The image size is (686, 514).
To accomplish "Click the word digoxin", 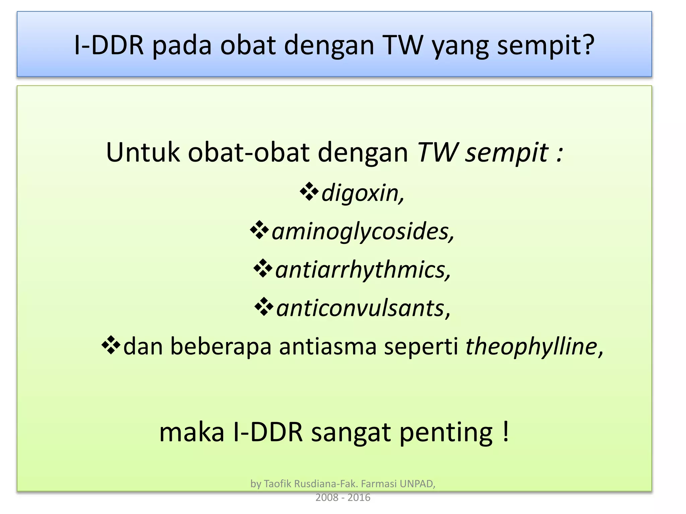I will (362, 193).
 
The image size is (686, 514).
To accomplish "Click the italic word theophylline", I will (531, 346).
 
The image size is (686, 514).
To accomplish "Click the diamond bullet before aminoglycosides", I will (259, 230).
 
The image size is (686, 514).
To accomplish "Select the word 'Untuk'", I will (143, 153).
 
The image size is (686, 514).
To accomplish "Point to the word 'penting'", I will (446, 433).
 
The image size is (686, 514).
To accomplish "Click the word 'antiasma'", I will (328, 346).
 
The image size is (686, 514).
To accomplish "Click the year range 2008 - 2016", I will (343, 498).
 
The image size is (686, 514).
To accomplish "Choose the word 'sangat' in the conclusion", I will (351, 433).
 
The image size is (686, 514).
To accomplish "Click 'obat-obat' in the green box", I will (249, 153).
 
